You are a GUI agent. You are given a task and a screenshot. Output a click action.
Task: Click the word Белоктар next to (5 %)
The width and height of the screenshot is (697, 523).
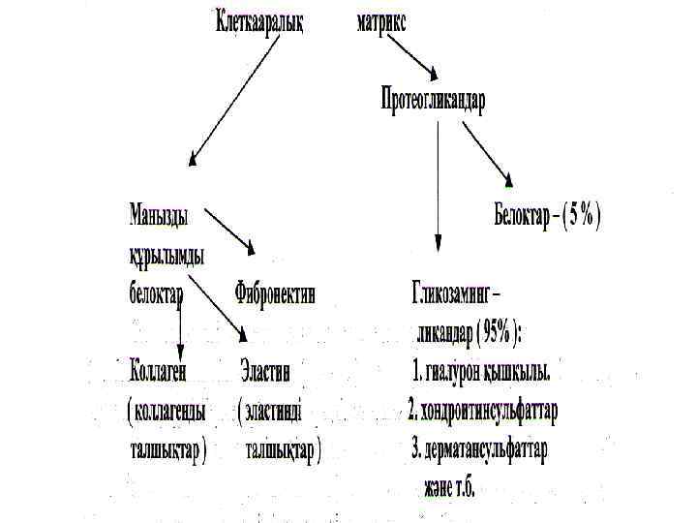coord(525,217)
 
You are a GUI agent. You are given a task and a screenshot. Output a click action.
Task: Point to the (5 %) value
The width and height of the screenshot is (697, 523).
coord(583,217)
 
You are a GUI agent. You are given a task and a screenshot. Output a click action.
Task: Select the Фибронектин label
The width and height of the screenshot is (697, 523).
coord(275,292)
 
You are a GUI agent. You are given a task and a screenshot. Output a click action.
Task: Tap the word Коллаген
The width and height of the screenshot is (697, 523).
coord(158,371)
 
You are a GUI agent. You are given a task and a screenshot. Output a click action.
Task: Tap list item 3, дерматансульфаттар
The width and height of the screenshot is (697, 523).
coord(479,449)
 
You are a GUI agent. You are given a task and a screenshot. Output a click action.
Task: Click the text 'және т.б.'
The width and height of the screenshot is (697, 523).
coord(448,487)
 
